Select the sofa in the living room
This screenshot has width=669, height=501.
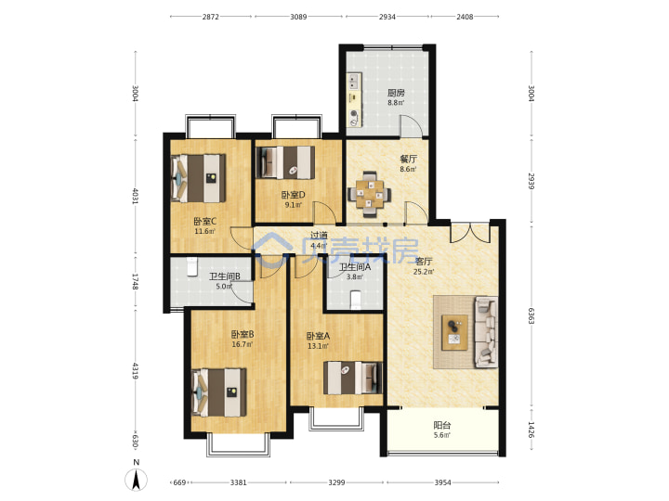click(486, 332)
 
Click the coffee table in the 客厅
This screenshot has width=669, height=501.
click(454, 333)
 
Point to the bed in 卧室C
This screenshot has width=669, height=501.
click(199, 178)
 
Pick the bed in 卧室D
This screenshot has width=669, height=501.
click(285, 162)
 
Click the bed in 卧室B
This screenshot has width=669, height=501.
click(219, 392)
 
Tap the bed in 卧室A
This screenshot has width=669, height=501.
click(353, 378)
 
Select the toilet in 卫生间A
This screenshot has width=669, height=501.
click(355, 300)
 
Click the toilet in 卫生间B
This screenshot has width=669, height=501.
click(192, 266)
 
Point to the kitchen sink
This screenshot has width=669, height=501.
click(353, 82)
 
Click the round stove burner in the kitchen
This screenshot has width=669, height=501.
click(354, 114)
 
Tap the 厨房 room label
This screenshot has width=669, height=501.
click(396, 93)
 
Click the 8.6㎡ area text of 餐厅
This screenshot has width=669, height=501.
click(408, 169)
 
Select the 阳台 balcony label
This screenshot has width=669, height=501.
click(442, 425)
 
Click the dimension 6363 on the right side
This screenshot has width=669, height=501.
click(531, 315)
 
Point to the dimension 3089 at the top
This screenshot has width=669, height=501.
click(298, 17)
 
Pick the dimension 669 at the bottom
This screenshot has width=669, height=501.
click(179, 482)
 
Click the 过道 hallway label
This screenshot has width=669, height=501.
click(319, 235)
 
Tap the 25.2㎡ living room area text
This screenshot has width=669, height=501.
click(424, 272)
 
